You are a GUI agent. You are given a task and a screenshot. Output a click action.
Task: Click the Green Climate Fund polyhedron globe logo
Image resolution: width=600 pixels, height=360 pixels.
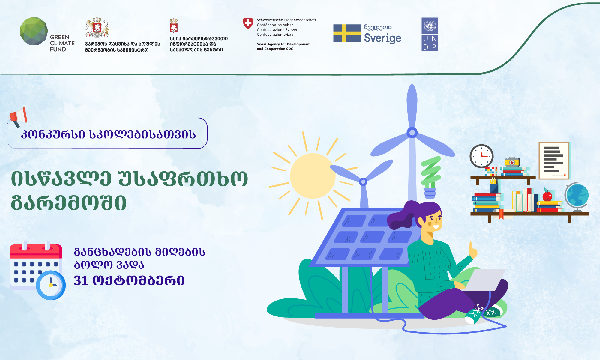[34, 31]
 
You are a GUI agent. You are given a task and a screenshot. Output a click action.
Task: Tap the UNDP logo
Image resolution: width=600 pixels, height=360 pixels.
[430, 34]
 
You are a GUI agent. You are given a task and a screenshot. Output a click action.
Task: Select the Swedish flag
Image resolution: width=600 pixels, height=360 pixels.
[347, 33]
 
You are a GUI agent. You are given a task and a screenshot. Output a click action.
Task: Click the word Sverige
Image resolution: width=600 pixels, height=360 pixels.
[382, 38]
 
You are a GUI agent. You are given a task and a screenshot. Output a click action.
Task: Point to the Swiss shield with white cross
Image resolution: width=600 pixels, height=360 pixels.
[248, 23]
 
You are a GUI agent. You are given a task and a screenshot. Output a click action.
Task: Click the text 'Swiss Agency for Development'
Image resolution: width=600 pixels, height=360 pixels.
[283, 44]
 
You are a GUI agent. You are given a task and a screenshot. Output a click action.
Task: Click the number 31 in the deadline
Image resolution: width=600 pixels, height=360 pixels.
[81, 280]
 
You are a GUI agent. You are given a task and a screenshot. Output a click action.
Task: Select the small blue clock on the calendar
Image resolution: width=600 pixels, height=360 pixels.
[51, 285]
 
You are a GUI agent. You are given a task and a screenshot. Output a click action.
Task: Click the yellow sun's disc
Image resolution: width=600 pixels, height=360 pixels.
[313, 176]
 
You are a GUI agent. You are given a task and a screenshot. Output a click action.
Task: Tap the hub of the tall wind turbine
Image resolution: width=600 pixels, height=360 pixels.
[412, 132]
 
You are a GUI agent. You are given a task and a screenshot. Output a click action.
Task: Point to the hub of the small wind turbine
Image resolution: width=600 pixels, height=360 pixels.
[363, 181]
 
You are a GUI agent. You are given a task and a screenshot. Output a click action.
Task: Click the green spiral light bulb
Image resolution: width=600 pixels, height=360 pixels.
[431, 177]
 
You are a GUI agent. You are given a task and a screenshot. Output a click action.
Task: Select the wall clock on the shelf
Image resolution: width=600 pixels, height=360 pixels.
[481, 156]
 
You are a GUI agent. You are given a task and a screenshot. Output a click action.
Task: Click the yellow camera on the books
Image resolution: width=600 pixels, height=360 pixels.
[512, 162]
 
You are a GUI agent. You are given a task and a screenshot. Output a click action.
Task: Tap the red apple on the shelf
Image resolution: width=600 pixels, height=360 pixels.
[547, 196]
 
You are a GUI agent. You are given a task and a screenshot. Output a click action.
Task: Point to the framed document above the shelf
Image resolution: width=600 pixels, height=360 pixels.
[554, 161]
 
